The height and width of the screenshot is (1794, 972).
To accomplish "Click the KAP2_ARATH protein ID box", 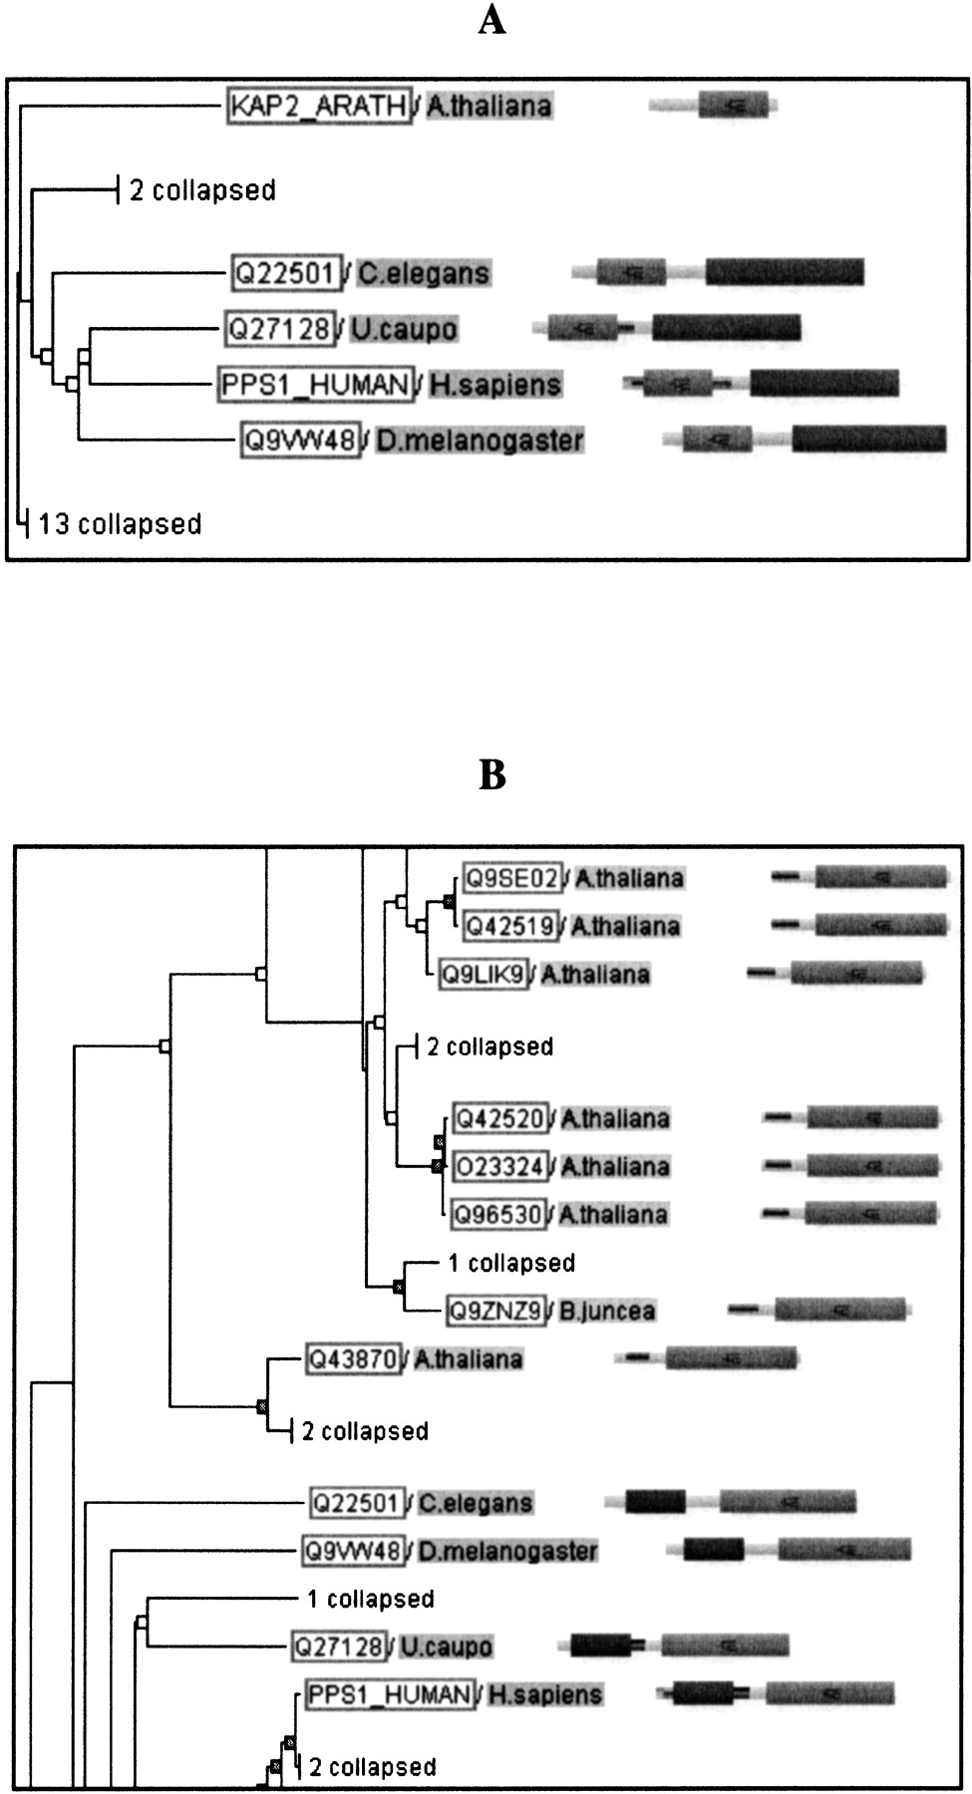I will (x=319, y=106).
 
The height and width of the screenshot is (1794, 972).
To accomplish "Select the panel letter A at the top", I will (x=491, y=19).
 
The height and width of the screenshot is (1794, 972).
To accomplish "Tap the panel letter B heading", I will (x=491, y=774).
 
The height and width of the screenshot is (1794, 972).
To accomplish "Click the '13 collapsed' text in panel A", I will (x=120, y=524).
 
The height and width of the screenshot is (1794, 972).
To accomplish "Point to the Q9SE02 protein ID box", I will (x=512, y=878).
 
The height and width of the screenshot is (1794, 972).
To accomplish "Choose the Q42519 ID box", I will (x=510, y=926).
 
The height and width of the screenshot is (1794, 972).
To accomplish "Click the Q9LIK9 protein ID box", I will (x=484, y=974).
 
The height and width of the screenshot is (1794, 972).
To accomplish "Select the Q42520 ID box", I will (x=500, y=1118).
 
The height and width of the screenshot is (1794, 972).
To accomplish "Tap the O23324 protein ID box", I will (x=500, y=1166).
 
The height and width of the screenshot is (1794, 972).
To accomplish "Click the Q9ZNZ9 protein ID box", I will (x=495, y=1310).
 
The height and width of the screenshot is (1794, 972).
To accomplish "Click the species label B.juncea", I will (x=606, y=1310).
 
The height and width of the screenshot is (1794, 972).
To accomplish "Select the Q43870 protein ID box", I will (x=354, y=1358).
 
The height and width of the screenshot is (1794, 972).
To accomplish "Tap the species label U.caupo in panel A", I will (x=404, y=329).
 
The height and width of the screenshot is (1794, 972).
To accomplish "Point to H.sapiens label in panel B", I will (x=545, y=1694).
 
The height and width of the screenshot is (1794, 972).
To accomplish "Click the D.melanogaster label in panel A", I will (x=480, y=441).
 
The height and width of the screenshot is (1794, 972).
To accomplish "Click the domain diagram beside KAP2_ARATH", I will (x=714, y=105).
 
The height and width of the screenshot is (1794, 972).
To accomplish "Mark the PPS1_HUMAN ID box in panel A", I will (x=315, y=385).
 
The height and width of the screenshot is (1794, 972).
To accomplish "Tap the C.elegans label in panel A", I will (x=424, y=273).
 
